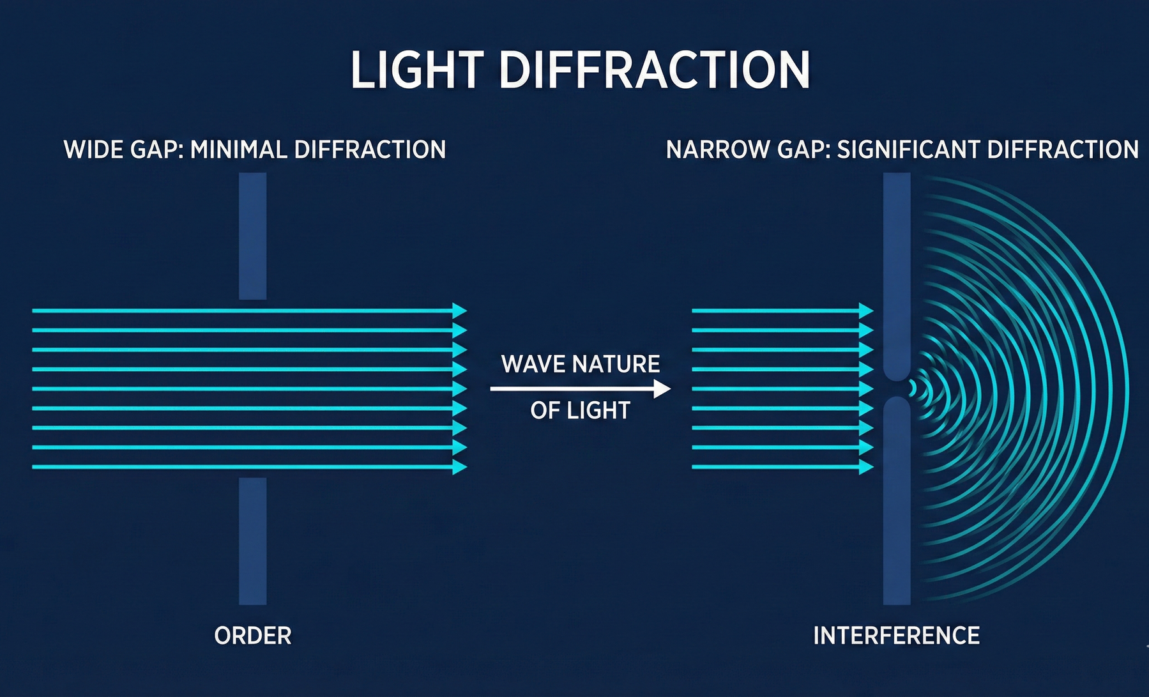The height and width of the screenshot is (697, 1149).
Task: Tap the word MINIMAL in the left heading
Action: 238,150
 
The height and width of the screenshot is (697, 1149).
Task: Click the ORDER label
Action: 253,636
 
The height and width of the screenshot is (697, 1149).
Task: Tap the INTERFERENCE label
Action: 896,636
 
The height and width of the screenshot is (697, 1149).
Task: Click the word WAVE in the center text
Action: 533,364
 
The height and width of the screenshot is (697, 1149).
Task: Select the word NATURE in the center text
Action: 616,364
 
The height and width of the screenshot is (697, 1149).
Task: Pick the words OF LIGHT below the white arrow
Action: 580,410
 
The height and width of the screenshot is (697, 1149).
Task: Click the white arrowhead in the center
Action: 662,388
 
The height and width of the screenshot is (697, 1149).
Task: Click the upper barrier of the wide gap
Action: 253,236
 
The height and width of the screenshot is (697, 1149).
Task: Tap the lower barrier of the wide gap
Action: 253,540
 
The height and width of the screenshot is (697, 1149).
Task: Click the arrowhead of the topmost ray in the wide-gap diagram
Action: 460,310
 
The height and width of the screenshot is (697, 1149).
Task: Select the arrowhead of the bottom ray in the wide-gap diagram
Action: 460,467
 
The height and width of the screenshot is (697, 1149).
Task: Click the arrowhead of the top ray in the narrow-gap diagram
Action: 866,310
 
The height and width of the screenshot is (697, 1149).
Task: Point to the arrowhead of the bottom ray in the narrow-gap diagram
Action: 866,467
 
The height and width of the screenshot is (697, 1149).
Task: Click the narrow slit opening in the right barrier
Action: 897,388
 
